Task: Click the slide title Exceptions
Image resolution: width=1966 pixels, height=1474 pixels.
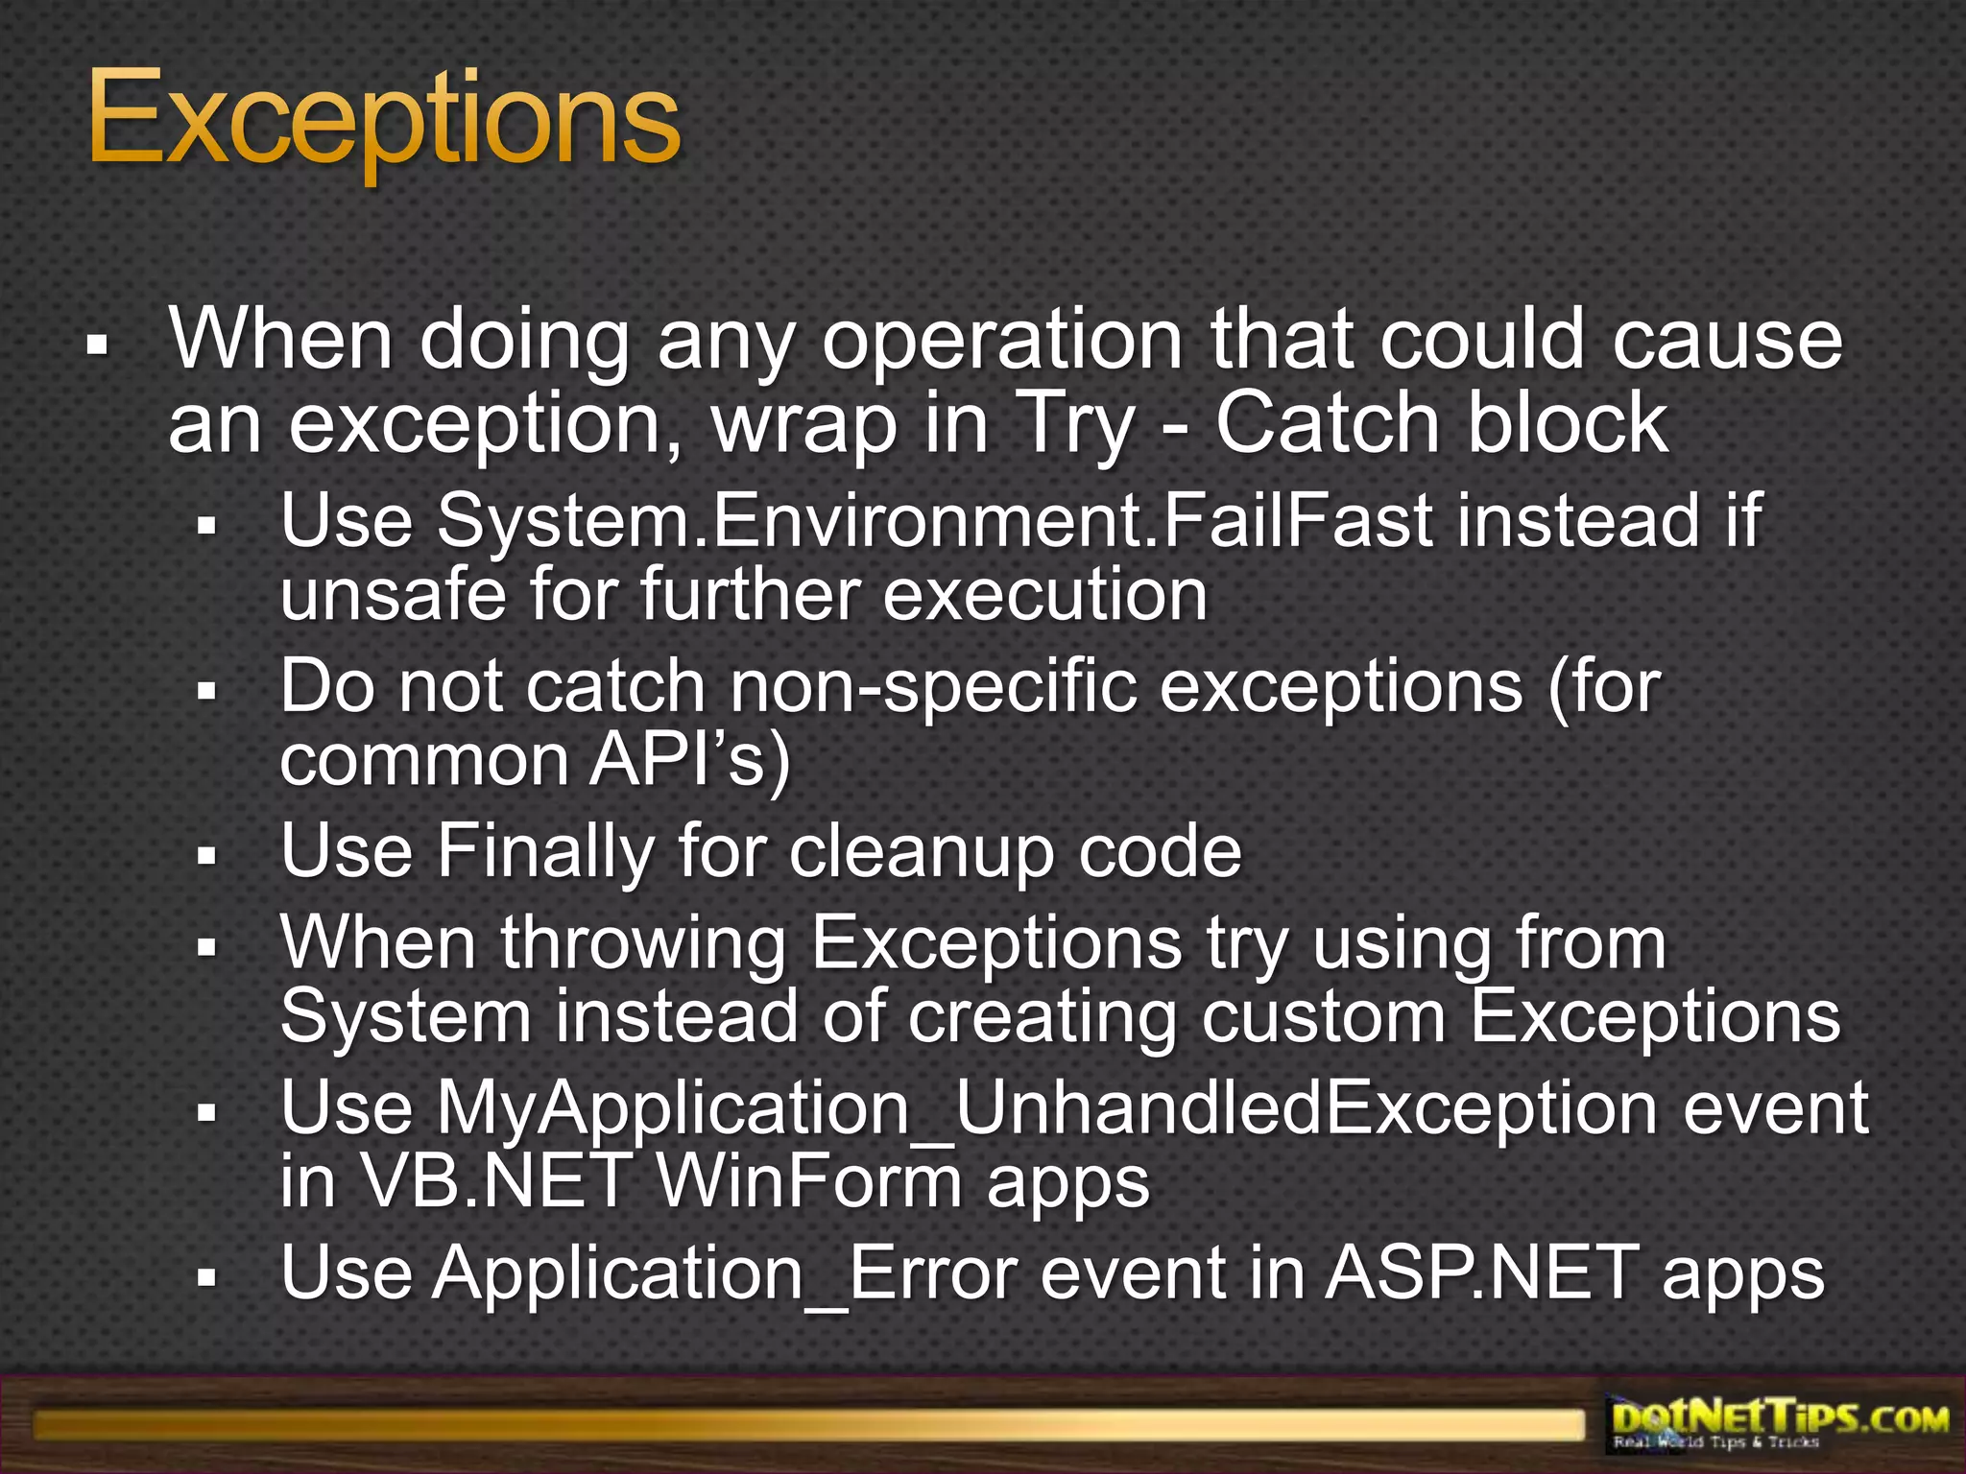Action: click(384, 123)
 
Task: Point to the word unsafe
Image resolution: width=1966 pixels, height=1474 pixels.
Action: click(392, 595)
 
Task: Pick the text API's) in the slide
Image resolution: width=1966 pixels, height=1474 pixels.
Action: click(690, 760)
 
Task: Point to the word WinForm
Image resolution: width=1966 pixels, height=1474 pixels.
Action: click(808, 1182)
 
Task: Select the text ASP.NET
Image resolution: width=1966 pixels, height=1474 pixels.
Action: click(1482, 1274)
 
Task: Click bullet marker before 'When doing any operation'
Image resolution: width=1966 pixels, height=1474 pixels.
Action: click(95, 342)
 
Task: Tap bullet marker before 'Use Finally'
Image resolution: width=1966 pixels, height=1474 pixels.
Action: click(205, 853)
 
